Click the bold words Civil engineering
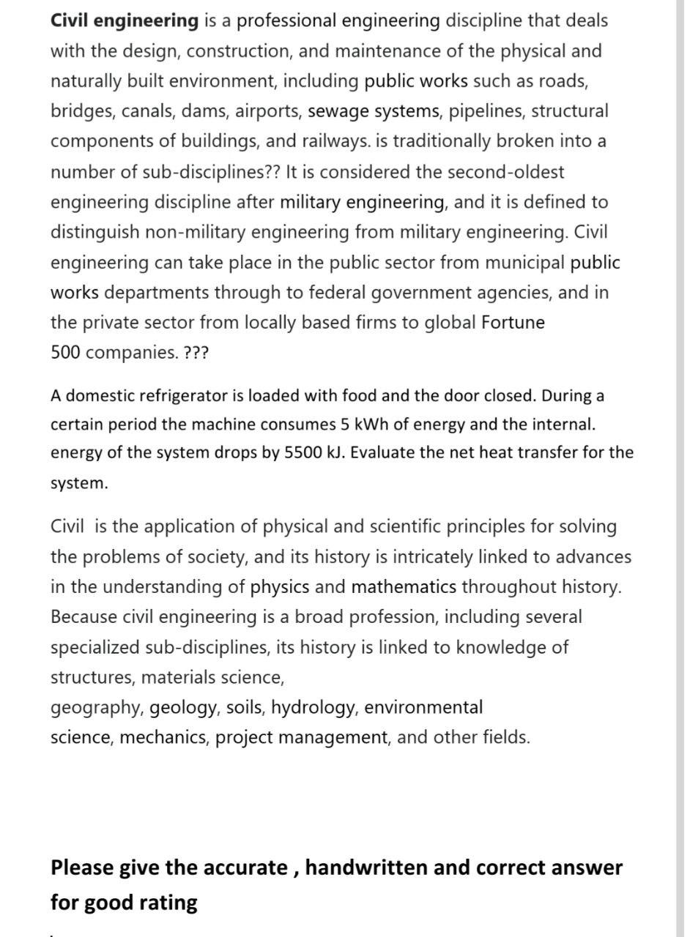(x=124, y=20)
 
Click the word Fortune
(x=513, y=322)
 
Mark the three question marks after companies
(x=196, y=352)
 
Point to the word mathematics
(x=404, y=587)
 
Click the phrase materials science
(x=212, y=678)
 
